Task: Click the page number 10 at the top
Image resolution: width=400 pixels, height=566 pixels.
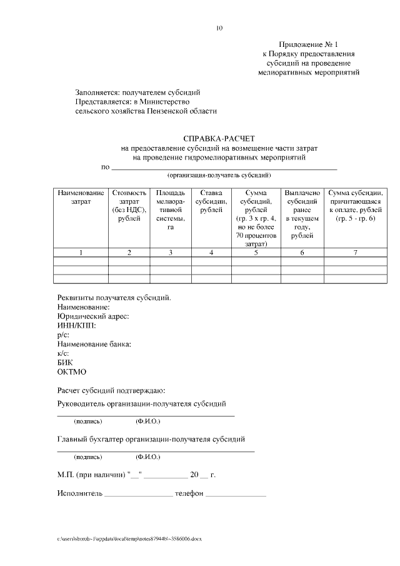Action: coord(219,28)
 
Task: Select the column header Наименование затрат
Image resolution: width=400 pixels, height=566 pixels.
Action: coord(81,198)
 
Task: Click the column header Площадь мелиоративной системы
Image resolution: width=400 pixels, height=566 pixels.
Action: coord(171,210)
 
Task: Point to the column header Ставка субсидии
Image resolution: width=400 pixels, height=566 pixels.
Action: coord(211,201)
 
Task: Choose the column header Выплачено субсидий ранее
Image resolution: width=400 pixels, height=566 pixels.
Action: coord(302,214)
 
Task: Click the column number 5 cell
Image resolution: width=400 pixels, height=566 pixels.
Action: coord(256,253)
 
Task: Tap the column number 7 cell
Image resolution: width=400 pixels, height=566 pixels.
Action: coord(355,253)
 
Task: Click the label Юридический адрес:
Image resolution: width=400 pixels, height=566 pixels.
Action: coord(92,316)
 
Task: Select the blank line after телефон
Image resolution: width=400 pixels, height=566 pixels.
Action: coord(236,495)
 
